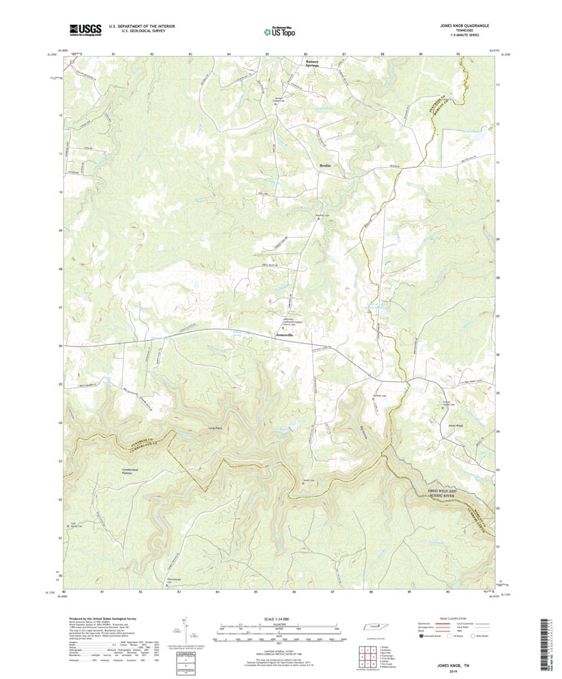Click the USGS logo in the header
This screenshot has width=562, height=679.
84,29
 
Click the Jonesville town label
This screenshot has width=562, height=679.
284,335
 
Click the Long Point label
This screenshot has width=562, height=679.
215,428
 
